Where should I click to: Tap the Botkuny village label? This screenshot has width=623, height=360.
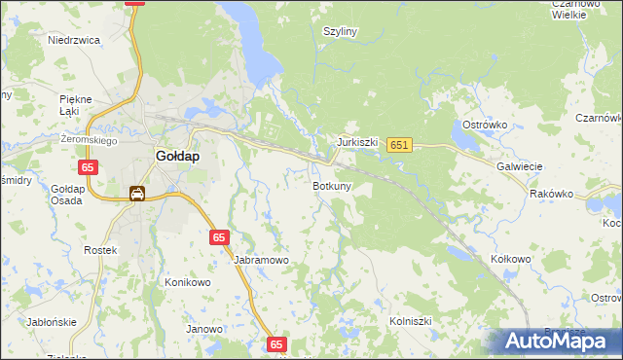(332, 185)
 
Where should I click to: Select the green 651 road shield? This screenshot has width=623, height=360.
(399, 145)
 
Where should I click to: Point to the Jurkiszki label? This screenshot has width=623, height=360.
(357, 141)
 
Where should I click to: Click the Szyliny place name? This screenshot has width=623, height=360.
(341, 31)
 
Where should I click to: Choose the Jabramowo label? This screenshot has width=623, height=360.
(262, 261)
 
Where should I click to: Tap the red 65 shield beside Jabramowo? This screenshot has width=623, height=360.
(220, 237)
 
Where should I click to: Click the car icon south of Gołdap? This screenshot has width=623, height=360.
(137, 194)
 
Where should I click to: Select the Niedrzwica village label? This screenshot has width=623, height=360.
(75, 41)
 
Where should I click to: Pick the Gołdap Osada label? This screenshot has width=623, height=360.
(67, 194)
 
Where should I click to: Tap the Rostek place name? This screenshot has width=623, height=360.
(100, 250)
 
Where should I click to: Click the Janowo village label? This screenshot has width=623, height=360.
(204, 329)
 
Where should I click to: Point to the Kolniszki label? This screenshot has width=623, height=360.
(410, 320)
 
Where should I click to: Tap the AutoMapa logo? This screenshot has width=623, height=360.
(558, 342)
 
